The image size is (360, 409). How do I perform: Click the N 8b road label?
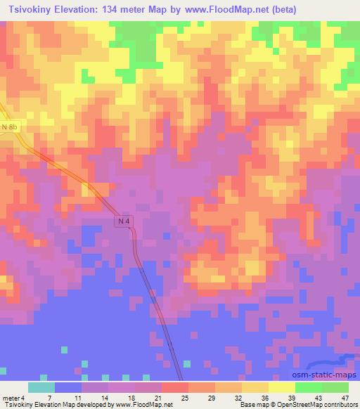[x=9, y=126]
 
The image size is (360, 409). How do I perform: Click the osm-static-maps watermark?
[x=330, y=375]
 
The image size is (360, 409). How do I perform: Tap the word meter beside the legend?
[x=10, y=398]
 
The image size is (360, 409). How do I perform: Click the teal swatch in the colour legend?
[x=41, y=387]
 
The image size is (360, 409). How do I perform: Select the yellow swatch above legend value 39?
[x=281, y=387]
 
